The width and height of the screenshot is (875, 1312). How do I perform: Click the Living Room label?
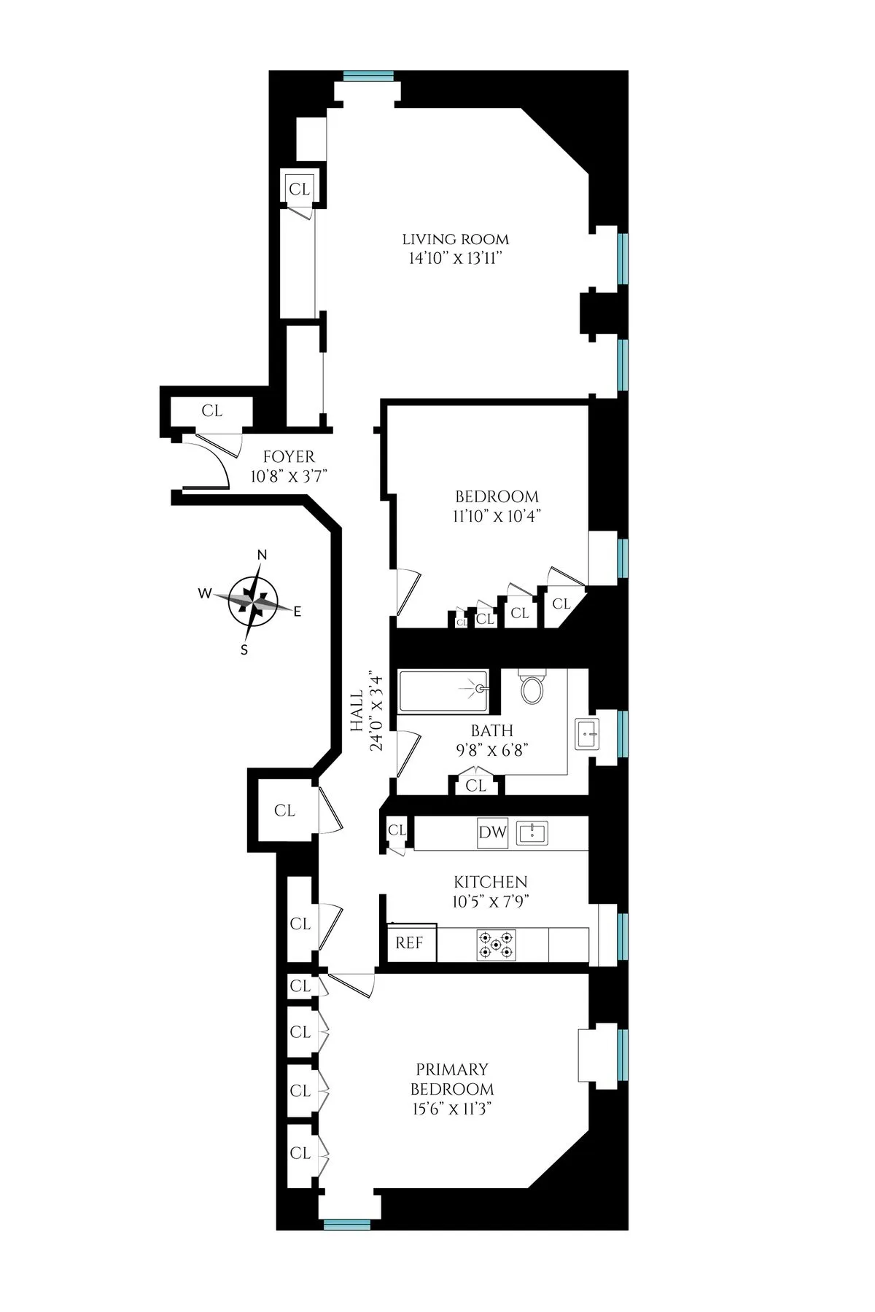tap(456, 239)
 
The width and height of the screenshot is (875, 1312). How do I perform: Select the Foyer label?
tap(289, 457)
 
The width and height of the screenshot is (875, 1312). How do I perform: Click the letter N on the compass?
tap(262, 555)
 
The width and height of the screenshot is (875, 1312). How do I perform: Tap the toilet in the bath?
tap(533, 687)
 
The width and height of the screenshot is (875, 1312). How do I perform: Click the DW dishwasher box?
tap(492, 833)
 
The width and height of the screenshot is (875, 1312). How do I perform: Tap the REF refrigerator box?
tap(410, 943)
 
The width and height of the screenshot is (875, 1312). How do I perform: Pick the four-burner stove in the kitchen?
tap(497, 945)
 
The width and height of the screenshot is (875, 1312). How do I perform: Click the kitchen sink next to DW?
tap(532, 833)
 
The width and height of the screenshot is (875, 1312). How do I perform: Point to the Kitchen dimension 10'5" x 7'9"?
tap(489, 901)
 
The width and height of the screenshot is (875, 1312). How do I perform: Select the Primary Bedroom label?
tap(452, 1079)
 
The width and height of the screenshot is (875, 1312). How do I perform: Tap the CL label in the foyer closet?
tap(212, 411)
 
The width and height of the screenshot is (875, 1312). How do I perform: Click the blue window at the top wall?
tap(368, 75)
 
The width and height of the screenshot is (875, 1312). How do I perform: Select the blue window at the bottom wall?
tap(348, 714)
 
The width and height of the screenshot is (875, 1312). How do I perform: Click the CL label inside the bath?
tap(475, 786)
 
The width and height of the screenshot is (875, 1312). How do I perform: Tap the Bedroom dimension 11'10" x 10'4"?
tap(497, 516)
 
